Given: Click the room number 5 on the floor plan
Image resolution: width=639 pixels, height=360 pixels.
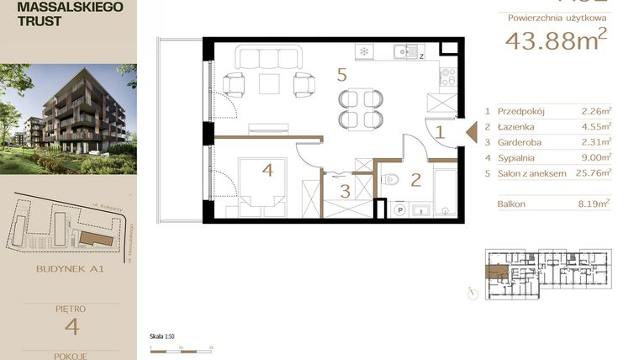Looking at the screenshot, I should coord(341,75).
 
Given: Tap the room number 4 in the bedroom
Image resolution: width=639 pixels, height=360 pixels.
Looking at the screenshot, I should coord(267,171).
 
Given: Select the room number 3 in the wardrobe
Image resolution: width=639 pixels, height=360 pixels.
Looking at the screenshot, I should coord(345,191).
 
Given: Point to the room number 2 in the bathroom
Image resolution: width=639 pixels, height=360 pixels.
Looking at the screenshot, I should coord(415,178).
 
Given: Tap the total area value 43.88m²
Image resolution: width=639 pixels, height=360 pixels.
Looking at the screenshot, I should coord(555,40).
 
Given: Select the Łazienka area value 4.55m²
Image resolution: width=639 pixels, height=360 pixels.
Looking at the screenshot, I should coord(596,126).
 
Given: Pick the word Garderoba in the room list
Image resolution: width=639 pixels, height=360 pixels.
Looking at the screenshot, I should coord(519,142).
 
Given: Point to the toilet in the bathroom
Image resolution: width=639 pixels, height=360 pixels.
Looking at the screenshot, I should coord(390,178).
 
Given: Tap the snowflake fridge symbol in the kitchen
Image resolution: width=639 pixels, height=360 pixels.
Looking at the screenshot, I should coord(364,51).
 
